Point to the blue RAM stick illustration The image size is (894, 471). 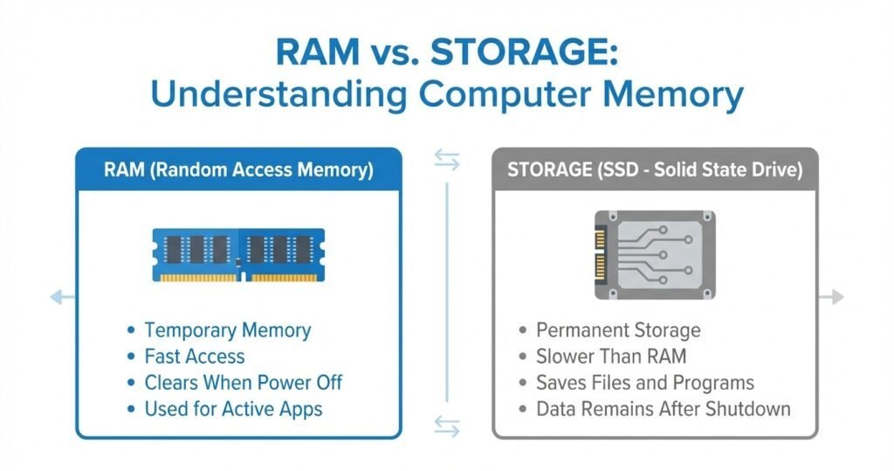[238, 253]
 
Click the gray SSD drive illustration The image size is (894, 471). [655, 254]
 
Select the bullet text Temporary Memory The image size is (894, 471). [227, 330]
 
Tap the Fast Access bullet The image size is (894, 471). [194, 357]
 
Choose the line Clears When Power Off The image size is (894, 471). [243, 383]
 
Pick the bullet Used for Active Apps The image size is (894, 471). [233, 408]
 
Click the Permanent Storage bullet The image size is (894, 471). [618, 330]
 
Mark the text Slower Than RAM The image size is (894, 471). [611, 357]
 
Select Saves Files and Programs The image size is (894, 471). [645, 383]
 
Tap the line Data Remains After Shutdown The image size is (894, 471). [664, 408]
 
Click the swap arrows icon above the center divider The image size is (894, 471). [447, 158]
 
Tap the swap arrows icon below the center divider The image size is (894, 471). [447, 426]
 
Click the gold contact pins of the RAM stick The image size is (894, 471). [238, 278]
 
